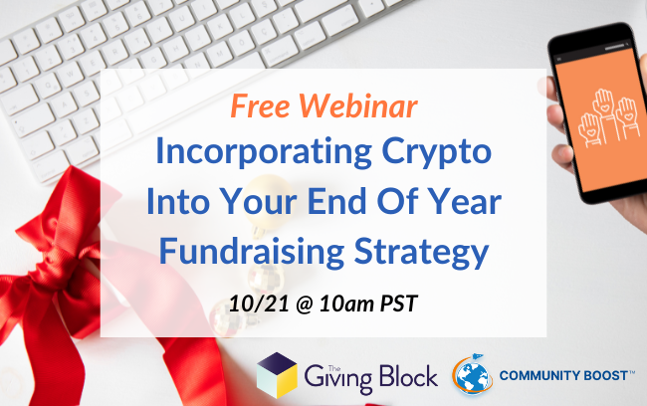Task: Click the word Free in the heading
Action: (261, 105)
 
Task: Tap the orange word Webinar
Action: (358, 105)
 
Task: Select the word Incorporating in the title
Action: (264, 152)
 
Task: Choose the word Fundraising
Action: (252, 252)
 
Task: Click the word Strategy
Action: (421, 252)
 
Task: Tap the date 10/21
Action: (259, 304)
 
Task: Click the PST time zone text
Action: (398, 304)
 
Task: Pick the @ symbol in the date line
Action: (305, 304)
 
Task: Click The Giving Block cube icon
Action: (277, 375)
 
